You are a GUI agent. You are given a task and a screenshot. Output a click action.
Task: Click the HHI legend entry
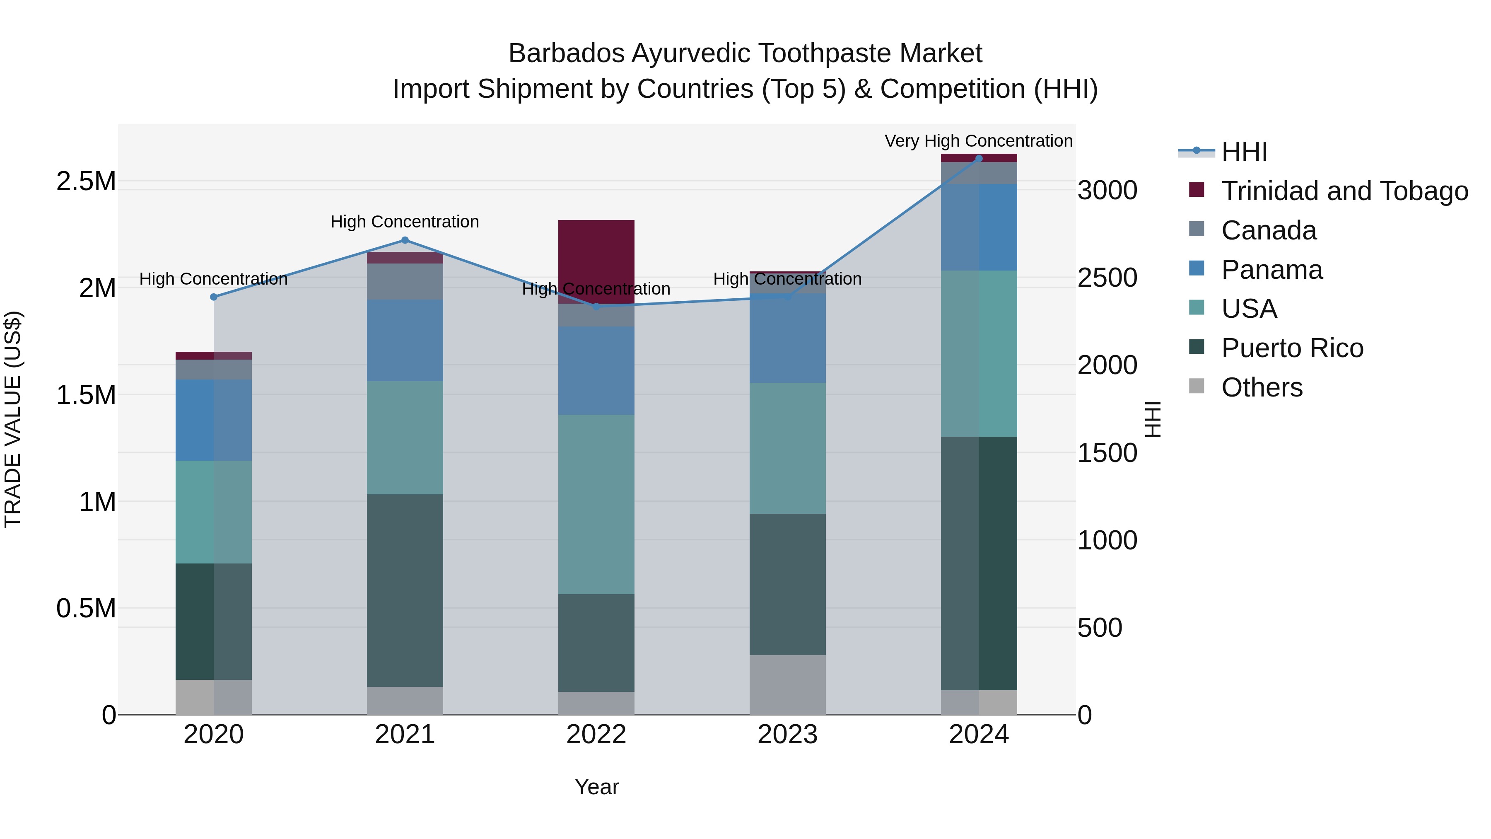1245,152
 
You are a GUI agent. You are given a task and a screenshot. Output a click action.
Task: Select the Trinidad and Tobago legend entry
1344,191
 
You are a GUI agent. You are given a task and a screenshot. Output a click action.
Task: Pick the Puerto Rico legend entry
1292,348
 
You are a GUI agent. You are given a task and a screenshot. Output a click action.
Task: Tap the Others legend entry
1262,387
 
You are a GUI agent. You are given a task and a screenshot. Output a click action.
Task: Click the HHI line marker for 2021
405,240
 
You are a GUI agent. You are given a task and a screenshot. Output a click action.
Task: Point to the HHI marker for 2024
979,158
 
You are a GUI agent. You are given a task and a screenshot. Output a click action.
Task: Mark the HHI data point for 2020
214,297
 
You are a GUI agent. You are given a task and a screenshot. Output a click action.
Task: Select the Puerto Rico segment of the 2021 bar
405,590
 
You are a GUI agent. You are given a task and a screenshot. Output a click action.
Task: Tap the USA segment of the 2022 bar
596,504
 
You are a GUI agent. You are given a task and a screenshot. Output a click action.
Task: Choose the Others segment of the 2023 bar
787,685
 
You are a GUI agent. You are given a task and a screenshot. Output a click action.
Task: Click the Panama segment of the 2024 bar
979,227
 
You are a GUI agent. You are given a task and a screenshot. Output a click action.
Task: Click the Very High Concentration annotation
978,141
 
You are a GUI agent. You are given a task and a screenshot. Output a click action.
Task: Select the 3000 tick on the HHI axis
1107,191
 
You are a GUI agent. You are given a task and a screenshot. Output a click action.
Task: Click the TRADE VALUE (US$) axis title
13,420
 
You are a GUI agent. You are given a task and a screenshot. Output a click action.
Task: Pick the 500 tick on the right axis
1100,628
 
